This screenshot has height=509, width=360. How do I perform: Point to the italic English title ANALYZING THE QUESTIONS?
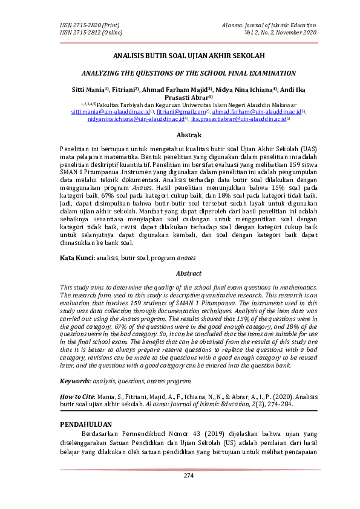point(180,73)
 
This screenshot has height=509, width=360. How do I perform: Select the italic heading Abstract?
point(180,273)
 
